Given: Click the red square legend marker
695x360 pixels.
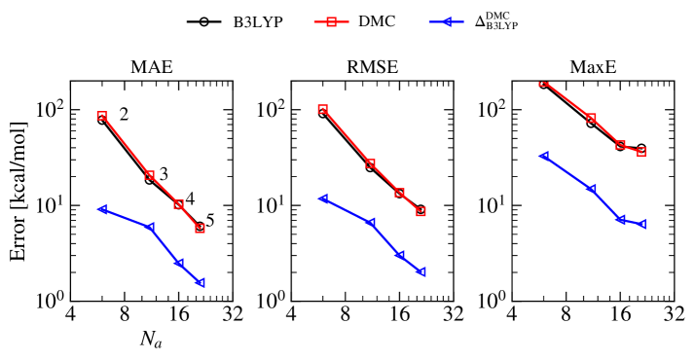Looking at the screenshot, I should (x=331, y=21).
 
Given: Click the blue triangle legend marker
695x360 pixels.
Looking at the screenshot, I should (x=446, y=21).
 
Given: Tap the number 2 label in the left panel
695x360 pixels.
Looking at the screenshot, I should (x=124, y=115).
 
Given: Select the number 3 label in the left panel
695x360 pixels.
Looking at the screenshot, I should (x=164, y=174).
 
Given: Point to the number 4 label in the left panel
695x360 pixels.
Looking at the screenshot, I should (x=190, y=199).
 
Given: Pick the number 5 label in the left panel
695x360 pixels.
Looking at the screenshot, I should (x=210, y=221).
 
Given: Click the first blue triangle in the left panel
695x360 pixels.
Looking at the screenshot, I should (x=102, y=209).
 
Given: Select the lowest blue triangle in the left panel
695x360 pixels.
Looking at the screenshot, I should (x=200, y=282).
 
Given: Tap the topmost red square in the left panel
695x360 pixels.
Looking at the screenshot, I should (x=102, y=116).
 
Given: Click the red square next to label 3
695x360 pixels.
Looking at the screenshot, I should (x=150, y=175).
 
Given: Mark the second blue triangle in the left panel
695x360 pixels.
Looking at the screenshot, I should (x=150, y=227).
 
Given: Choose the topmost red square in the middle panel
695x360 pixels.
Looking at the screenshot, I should (x=323, y=110).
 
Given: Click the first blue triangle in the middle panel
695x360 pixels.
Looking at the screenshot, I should (x=323, y=198).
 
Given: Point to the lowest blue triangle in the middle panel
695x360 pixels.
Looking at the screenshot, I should (x=421, y=271).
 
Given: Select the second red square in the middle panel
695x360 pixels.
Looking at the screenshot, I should (x=371, y=163).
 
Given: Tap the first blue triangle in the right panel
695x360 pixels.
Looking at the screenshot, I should (x=544, y=156).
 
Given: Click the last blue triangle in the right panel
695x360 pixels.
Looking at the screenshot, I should (x=641, y=224).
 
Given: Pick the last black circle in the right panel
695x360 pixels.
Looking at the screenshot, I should (x=641, y=149).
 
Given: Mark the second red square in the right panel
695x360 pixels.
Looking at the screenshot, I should (x=591, y=119).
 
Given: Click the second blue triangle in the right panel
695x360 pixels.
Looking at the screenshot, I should (x=591, y=189).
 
